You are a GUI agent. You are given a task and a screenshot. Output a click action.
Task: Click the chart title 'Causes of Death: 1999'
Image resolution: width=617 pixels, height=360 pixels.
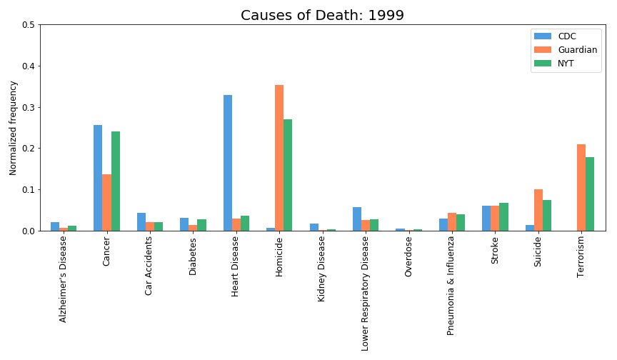pyautogui.click(x=322, y=15)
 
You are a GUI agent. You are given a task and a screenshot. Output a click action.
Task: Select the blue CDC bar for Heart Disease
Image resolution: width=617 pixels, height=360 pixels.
pyautogui.click(x=228, y=163)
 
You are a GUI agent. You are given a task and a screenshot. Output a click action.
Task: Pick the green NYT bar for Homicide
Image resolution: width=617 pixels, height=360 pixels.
pyautogui.click(x=288, y=175)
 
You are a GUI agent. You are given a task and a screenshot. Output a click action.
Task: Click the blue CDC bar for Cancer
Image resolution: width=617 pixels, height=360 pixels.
pyautogui.click(x=98, y=178)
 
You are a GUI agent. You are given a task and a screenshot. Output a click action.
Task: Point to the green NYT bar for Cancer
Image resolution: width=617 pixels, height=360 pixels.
pyautogui.click(x=115, y=181)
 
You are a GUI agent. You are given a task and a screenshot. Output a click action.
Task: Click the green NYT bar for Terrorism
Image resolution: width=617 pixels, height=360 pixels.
pyautogui.click(x=590, y=194)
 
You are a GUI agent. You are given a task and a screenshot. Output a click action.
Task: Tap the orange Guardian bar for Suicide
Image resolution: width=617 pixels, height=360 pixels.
pyautogui.click(x=538, y=210)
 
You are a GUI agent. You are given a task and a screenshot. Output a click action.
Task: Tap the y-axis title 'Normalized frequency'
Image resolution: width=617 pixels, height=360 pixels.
pyautogui.click(x=13, y=128)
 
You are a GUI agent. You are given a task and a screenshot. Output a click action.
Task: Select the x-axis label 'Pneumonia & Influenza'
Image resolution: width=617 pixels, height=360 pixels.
pyautogui.click(x=451, y=286)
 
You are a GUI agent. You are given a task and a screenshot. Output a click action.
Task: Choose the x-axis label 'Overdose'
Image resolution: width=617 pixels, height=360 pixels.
pyautogui.click(x=408, y=261)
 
